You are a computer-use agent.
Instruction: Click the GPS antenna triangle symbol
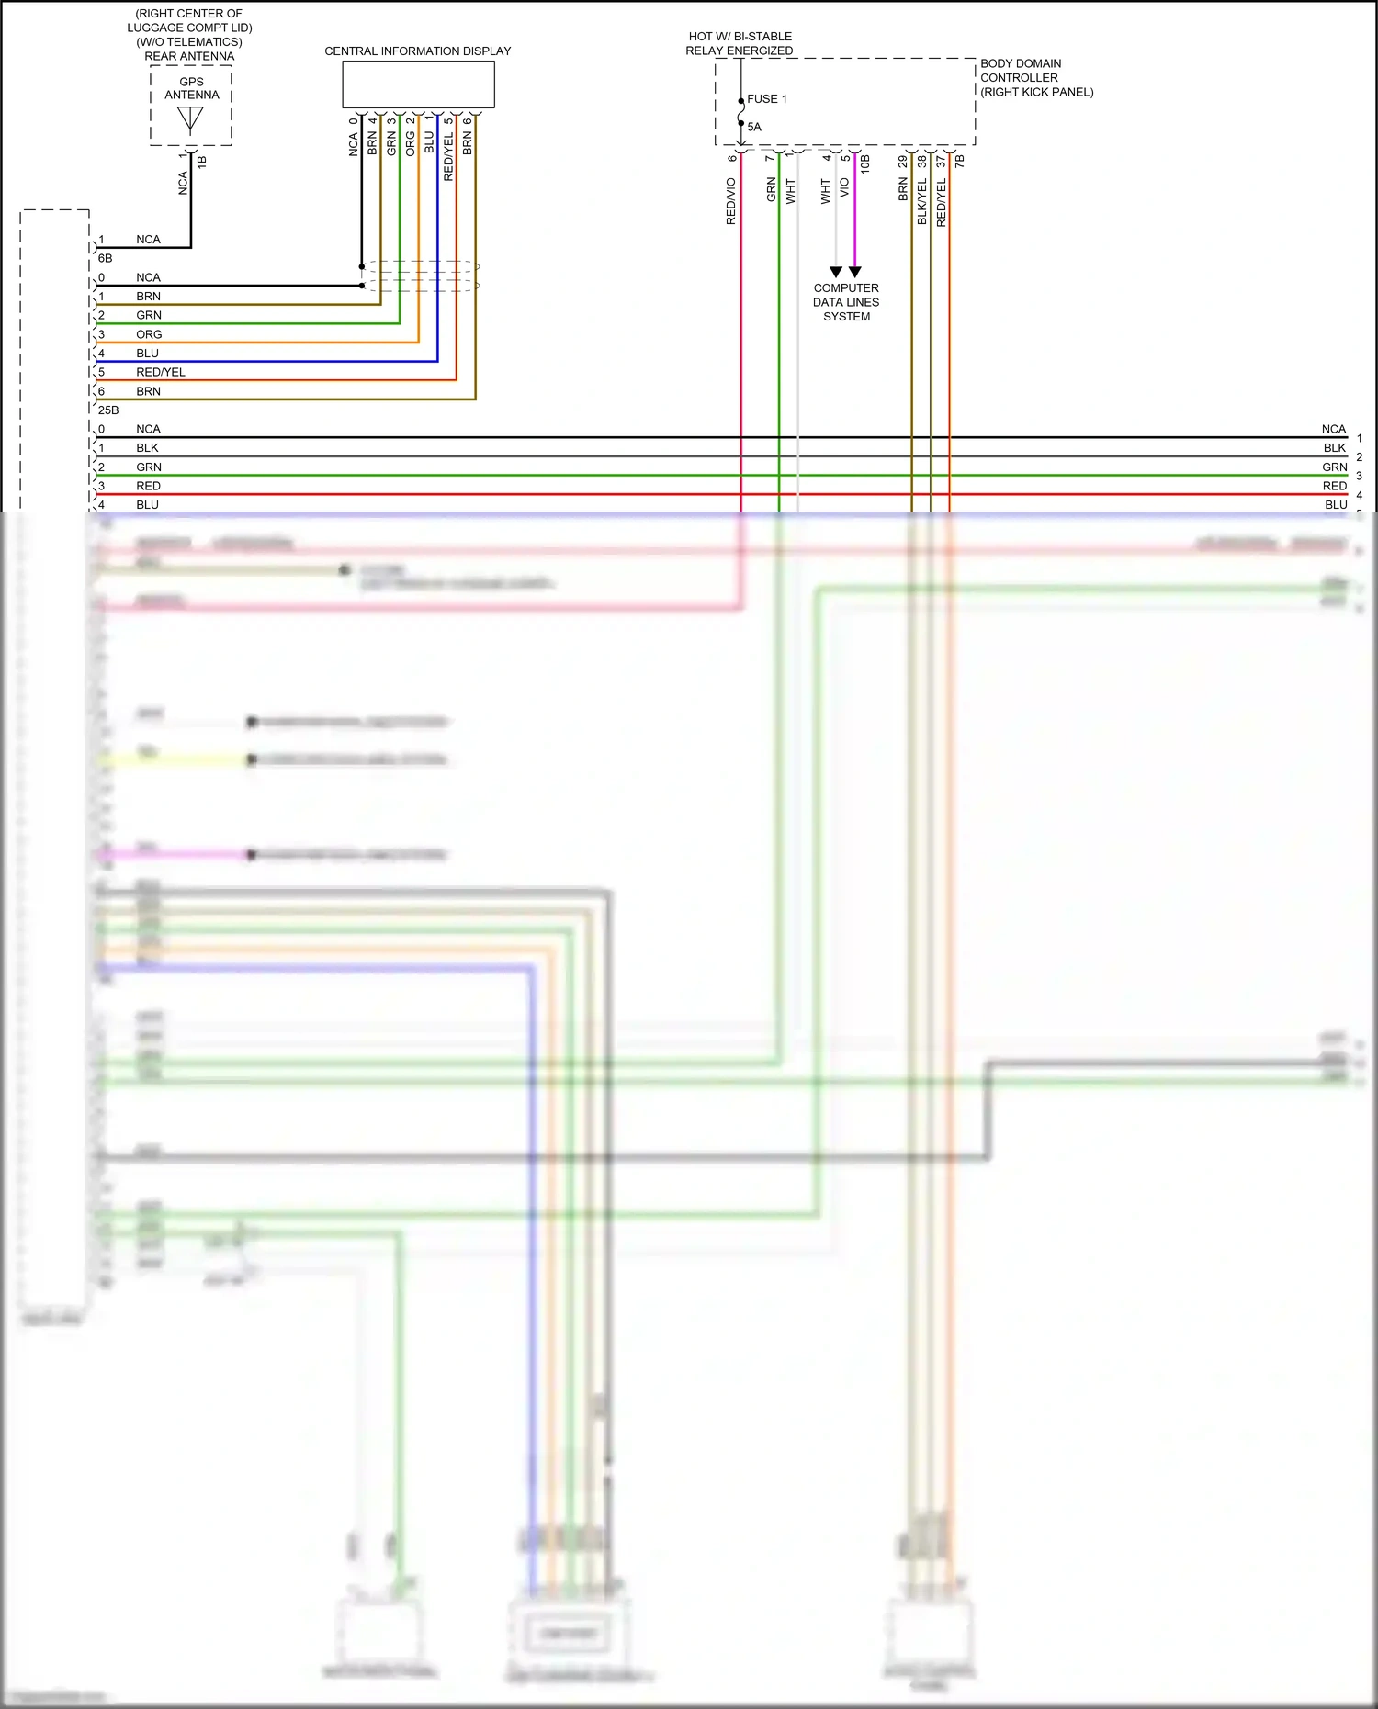click(190, 118)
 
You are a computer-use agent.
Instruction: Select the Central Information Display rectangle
click(418, 85)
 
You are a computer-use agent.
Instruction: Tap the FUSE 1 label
click(767, 99)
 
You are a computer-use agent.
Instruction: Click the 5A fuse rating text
click(754, 128)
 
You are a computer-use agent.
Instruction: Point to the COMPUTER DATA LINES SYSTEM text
click(846, 302)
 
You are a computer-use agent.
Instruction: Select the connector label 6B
click(105, 259)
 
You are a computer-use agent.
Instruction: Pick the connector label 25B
click(108, 410)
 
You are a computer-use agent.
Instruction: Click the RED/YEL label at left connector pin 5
click(161, 372)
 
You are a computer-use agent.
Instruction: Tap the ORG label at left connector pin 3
click(149, 334)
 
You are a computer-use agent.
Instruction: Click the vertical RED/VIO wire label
click(731, 201)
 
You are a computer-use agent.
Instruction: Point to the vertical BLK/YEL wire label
click(922, 201)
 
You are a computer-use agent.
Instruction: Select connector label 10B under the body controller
click(865, 164)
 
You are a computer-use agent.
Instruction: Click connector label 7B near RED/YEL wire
click(960, 162)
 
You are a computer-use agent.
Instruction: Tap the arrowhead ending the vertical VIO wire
click(855, 272)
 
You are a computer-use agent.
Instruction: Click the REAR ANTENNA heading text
click(189, 56)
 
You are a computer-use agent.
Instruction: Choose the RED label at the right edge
click(1335, 486)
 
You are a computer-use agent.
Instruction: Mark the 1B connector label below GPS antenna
click(202, 162)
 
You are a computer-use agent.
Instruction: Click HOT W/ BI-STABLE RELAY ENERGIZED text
click(740, 43)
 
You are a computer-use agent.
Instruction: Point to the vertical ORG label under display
click(411, 143)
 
